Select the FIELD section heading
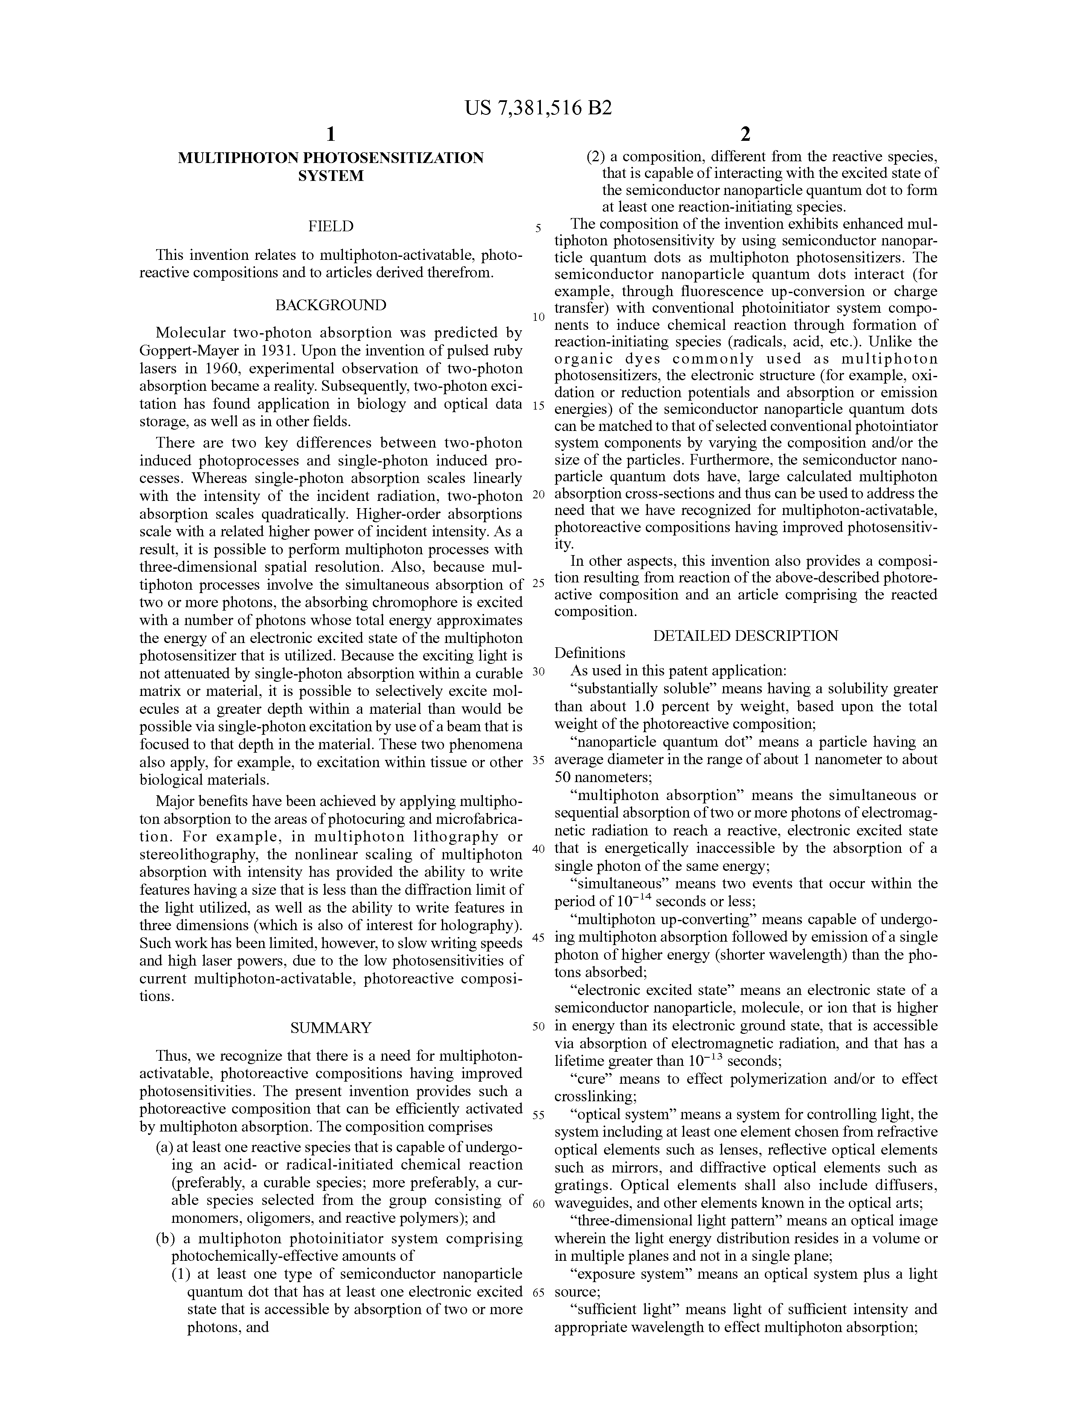[331, 226]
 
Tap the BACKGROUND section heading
[331, 305]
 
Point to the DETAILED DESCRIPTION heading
[745, 636]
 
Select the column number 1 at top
[331, 134]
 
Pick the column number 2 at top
[745, 134]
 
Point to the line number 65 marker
[538, 1293]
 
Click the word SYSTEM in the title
[331, 175]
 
